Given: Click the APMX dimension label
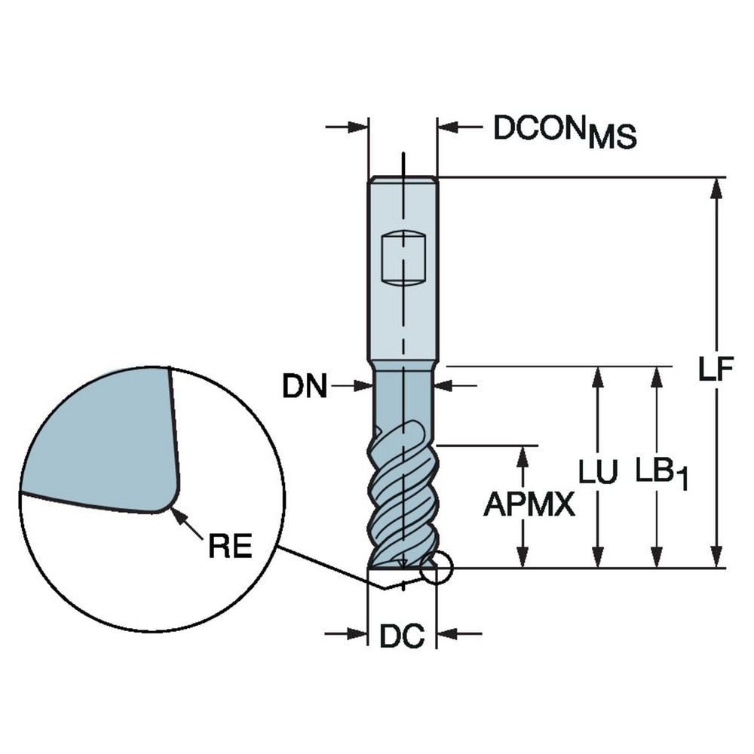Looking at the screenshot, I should pos(529,505).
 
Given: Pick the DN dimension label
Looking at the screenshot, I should pos(305,387).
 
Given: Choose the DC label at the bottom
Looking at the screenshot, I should pos(402,636).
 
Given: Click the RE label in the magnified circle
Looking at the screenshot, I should pos(230,547).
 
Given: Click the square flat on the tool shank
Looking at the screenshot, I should pos(403,256).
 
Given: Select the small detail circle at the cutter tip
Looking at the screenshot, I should pos(435,568).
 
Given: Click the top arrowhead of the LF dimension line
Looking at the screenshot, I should pos(716,188).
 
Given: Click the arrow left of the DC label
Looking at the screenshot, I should pos(348,634).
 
